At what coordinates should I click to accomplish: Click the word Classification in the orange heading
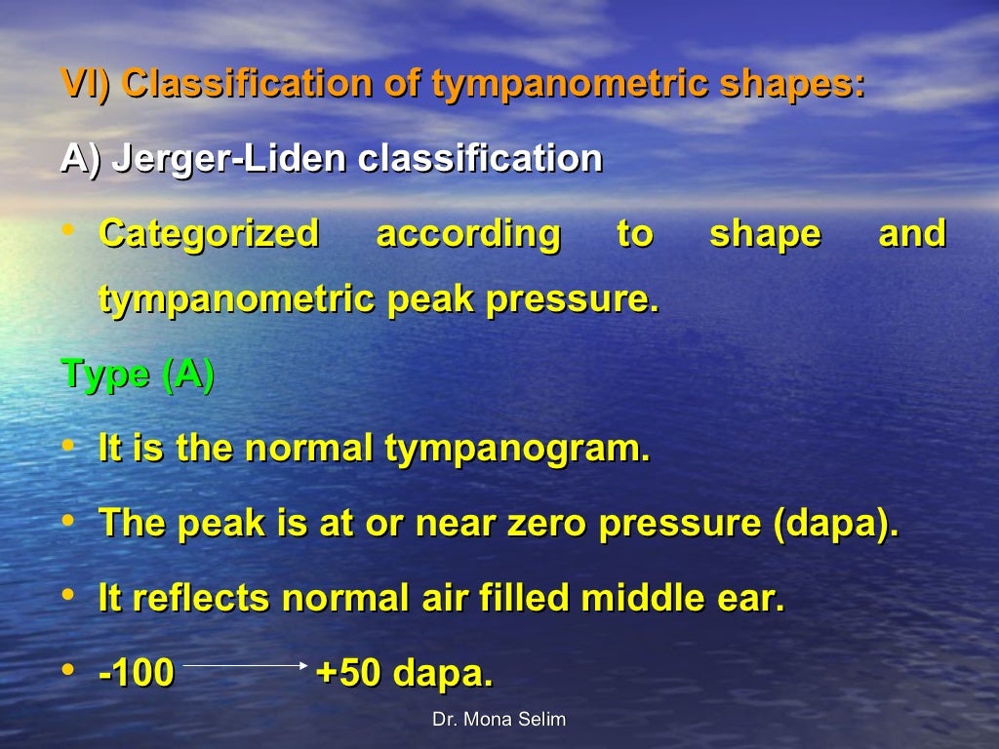[x=247, y=84]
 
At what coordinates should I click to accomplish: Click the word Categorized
[x=209, y=234]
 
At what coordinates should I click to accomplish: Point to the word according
[x=468, y=234]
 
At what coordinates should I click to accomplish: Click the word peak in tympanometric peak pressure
[x=431, y=299]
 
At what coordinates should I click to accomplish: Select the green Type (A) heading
[x=138, y=374]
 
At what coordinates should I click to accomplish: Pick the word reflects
[x=201, y=598]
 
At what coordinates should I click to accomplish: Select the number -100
[x=137, y=673]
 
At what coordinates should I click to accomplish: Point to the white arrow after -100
[x=245, y=665]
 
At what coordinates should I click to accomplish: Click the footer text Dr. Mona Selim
[x=499, y=720]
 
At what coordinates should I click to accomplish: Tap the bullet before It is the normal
[x=67, y=447]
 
